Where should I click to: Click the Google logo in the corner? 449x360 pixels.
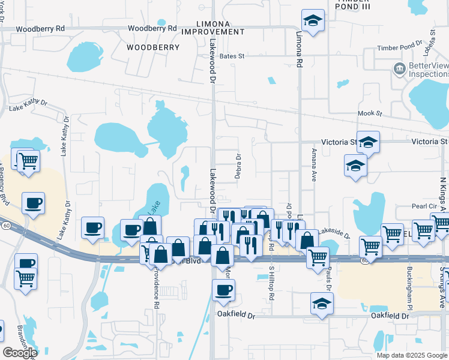[x=19, y=353]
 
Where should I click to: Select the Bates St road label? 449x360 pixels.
[x=232, y=56]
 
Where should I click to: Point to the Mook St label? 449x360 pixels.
[x=370, y=113]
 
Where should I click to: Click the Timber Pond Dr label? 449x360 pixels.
[x=400, y=47]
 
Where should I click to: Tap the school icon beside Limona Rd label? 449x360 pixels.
[x=312, y=22]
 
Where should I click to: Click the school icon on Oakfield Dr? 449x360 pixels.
[x=322, y=302]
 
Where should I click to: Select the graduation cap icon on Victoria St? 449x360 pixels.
[x=368, y=142]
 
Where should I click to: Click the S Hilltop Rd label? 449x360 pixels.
[x=271, y=282]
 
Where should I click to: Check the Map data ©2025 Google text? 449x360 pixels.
[x=412, y=355]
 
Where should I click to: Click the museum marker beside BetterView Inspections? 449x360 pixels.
[x=399, y=70]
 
